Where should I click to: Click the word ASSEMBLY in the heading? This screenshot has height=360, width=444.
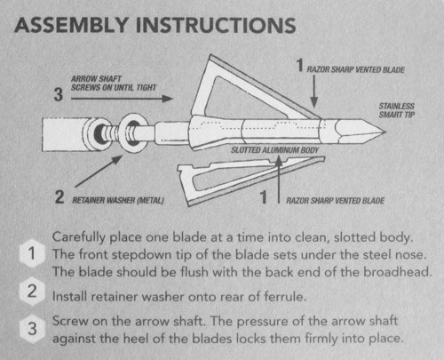[71, 25]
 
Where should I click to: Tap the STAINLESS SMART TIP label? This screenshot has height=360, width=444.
[397, 110]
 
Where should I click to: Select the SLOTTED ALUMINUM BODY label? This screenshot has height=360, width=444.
[274, 150]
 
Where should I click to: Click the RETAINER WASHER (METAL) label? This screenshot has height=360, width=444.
[118, 200]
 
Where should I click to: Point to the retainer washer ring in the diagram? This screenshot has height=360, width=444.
[133, 132]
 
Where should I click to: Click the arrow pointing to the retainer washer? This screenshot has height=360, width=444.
[99, 172]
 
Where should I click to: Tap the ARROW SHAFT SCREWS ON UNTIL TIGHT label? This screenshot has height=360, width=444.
[114, 84]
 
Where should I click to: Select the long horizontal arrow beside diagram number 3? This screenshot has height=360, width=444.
[122, 99]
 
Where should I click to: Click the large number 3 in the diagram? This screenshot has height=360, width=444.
[59, 94]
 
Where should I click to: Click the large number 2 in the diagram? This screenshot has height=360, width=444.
[59, 196]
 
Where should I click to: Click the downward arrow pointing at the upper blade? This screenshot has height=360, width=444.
[314, 92]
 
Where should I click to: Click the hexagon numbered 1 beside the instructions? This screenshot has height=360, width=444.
[32, 253]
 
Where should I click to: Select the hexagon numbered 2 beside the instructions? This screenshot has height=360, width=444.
[32, 292]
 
